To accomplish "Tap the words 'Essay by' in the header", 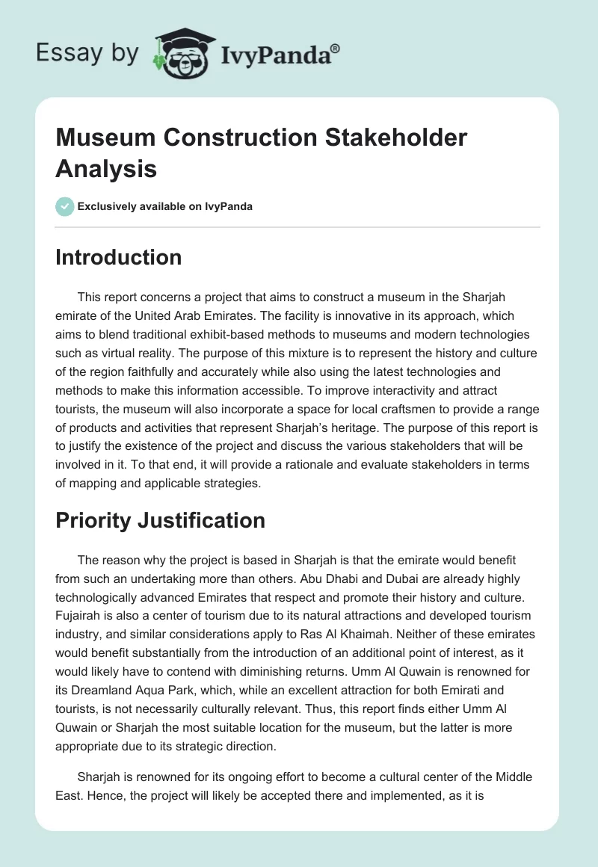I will [x=87, y=53].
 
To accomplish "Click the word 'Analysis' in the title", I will [x=105, y=168].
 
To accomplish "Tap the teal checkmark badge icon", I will [x=65, y=206].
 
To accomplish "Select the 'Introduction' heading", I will [x=118, y=257].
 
